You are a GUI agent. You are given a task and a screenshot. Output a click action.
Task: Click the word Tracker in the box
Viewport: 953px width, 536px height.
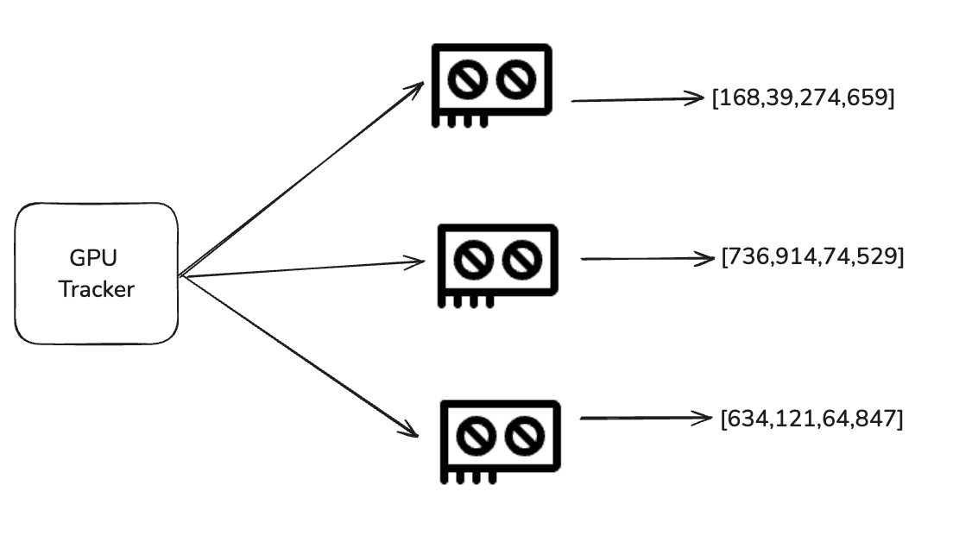coord(96,289)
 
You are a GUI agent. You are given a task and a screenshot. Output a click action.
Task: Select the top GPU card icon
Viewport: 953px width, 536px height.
coord(490,85)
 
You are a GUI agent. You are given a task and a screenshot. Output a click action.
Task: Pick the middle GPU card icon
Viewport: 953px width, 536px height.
coord(497,264)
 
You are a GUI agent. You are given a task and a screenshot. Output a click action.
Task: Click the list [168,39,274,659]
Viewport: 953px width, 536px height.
coord(803,98)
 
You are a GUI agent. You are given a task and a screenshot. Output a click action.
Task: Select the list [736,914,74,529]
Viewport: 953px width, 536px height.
coord(812,257)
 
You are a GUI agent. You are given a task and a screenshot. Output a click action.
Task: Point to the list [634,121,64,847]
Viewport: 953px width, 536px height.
coord(811,419)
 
